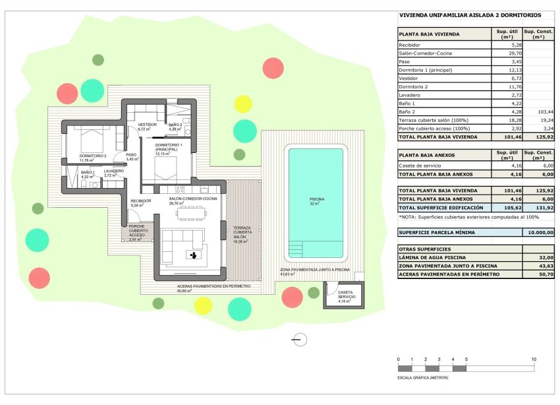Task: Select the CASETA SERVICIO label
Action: pos(346,295)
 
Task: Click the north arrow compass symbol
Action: pos(299,340)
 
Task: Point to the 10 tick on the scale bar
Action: pos(534,359)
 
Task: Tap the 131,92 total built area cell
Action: pos(539,208)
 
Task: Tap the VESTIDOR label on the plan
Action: pos(147,126)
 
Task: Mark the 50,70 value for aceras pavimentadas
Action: pos(539,274)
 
